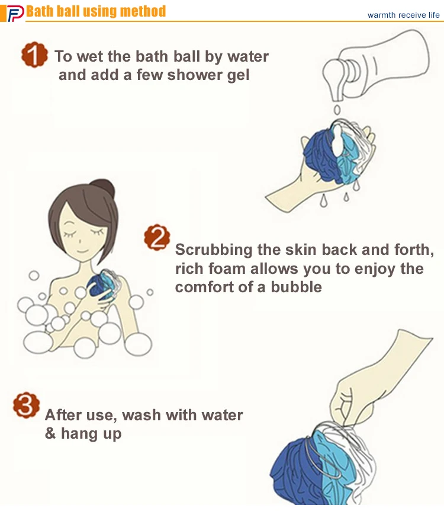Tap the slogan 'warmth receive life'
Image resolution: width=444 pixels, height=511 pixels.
pyautogui.click(x=403, y=15)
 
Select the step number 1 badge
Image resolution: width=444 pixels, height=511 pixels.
pyautogui.click(x=34, y=55)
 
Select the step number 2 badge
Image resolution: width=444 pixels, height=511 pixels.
pyautogui.click(x=157, y=237)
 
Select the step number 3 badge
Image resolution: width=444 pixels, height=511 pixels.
pyautogui.click(x=27, y=405)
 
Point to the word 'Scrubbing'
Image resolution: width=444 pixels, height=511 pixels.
pyautogui.click(x=214, y=250)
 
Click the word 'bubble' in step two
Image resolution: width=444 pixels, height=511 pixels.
pyautogui.click(x=296, y=287)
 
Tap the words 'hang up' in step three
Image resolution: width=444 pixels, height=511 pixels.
pyautogui.click(x=91, y=434)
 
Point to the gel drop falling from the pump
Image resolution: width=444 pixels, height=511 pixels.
pyautogui.click(x=337, y=110)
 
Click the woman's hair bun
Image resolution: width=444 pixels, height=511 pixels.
pyautogui.click(x=104, y=187)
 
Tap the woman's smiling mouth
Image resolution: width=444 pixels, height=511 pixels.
pyautogui.click(x=82, y=251)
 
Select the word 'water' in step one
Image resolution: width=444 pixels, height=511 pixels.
pyautogui.click(x=248, y=56)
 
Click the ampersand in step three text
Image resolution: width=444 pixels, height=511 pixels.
pyautogui.click(x=50, y=433)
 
